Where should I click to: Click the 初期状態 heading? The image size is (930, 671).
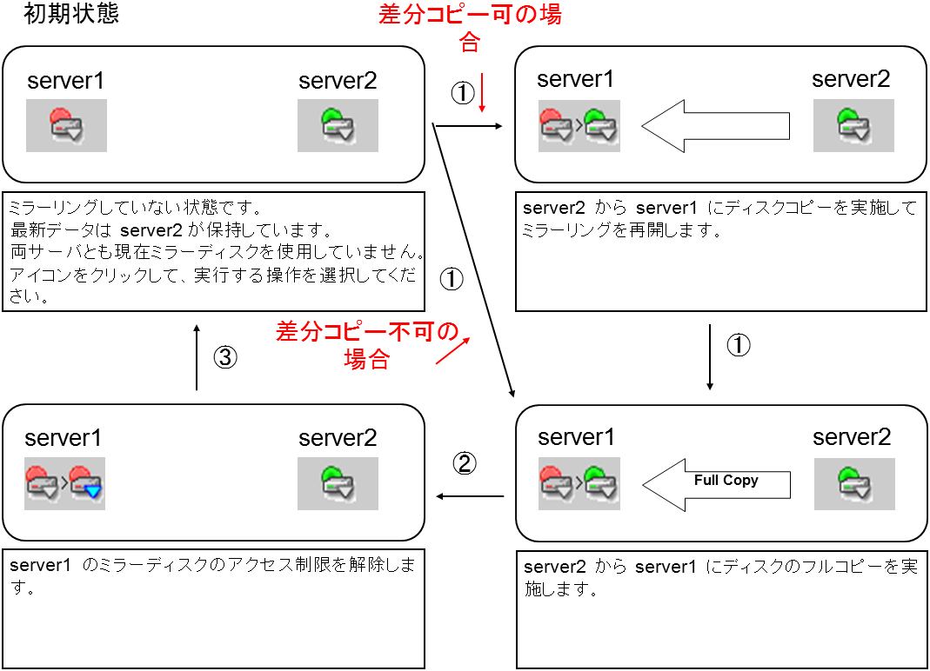(71, 15)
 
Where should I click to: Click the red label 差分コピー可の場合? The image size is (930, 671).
(470, 28)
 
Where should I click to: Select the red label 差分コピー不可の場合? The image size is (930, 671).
(366, 345)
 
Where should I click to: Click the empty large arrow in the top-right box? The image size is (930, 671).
(715, 127)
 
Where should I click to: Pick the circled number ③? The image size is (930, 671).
(224, 357)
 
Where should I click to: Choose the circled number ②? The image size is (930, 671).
(465, 462)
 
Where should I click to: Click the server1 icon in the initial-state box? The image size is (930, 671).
(66, 125)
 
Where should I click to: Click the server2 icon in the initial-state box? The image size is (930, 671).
(338, 125)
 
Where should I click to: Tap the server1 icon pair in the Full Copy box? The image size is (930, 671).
(579, 483)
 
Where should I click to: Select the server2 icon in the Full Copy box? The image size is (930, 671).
(853, 483)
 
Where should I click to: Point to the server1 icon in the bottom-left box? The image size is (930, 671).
(65, 483)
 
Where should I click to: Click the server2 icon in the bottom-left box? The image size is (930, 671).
(338, 483)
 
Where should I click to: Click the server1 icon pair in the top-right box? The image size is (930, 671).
(579, 125)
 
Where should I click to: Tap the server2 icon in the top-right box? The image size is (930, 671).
(853, 125)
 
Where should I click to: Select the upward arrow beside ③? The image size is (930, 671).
(197, 357)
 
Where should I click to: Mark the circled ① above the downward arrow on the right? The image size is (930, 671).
(738, 345)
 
